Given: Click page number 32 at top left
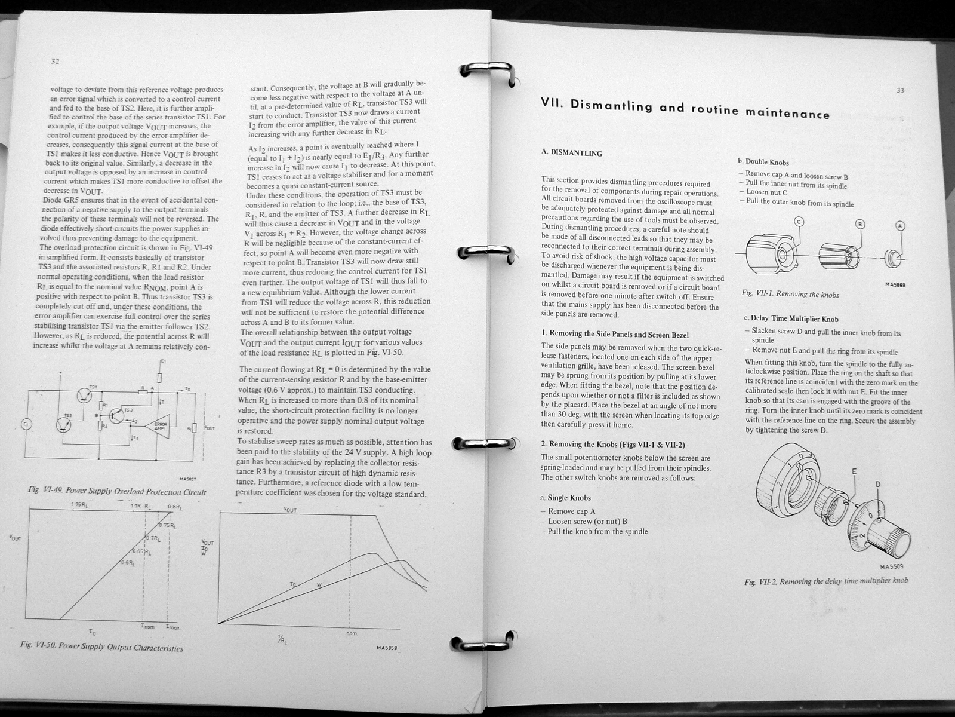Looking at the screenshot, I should tap(55, 61).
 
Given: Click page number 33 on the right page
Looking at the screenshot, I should tap(901, 91).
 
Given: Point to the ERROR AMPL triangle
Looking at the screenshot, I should tap(161, 426).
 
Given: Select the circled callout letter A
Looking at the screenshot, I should tap(901, 226).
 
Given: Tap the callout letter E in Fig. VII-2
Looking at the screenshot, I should tap(854, 472).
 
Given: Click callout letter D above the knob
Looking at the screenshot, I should tap(877, 484).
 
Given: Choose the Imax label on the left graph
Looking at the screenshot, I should tap(173, 627).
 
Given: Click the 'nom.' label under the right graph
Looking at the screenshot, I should tap(351, 633).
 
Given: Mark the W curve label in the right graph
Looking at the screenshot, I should tap(318, 583).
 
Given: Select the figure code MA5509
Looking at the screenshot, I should tap(891, 566).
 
